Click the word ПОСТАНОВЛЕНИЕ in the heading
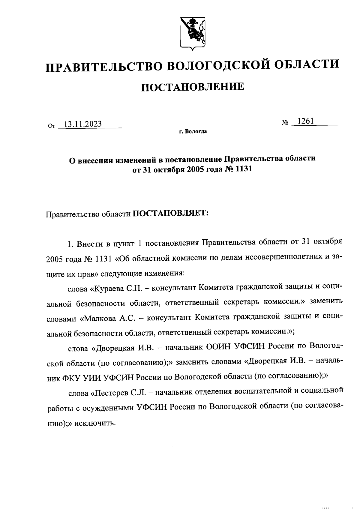192,87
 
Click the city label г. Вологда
193,132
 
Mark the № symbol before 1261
285,123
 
